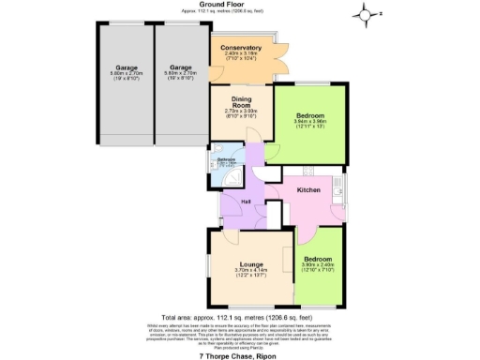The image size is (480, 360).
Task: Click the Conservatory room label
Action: pyautogui.click(x=241, y=48)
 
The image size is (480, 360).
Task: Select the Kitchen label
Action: pyautogui.click(x=310, y=190)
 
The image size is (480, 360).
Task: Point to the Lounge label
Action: pyautogui.click(x=249, y=264)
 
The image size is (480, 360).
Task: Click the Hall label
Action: pyautogui.click(x=246, y=201)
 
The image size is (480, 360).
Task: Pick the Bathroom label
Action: pyautogui.click(x=226, y=159)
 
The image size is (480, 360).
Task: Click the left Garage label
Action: pyautogui.click(x=127, y=67)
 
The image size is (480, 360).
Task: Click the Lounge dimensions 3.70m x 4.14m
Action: pyautogui.click(x=249, y=273)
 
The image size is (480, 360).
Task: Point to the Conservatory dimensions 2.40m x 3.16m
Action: pyautogui.click(x=241, y=56)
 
